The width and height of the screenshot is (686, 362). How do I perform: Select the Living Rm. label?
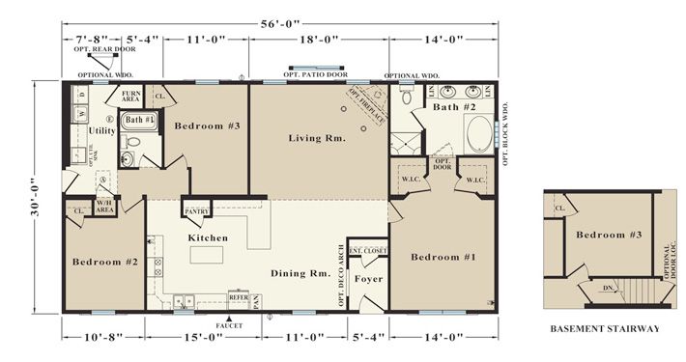point(317,138)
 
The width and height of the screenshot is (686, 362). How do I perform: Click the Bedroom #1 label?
point(443,257)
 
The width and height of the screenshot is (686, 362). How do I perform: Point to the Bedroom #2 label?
point(105,261)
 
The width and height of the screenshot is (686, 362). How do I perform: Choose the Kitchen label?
point(208,237)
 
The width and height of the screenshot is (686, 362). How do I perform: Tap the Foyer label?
point(367,279)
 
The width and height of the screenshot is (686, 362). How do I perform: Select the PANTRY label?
point(197,210)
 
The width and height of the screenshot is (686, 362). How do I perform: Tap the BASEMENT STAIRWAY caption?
point(605,328)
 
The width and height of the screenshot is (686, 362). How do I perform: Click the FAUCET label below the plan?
point(229,324)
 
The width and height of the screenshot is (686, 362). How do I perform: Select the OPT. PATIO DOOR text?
point(316,73)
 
